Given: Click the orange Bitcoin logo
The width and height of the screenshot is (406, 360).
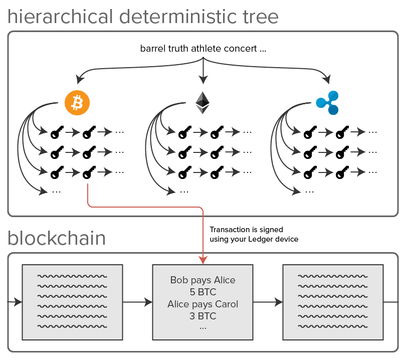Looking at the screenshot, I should [77, 102].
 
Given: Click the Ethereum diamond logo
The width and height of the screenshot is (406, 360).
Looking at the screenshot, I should [202, 102].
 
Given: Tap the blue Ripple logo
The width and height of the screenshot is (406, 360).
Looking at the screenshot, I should [328, 102].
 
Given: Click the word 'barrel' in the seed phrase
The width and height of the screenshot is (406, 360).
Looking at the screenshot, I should [151, 49].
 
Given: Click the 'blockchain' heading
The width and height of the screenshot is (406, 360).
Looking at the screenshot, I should [57, 238].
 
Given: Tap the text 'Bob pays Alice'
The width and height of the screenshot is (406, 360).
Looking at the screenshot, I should [202, 280].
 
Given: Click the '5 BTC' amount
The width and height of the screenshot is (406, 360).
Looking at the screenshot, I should [202, 292].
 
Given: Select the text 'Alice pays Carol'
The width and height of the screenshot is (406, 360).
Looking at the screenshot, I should [202, 304].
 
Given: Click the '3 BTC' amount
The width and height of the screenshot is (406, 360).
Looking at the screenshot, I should [202, 316].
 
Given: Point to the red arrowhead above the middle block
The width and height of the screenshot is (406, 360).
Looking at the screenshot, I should [202, 260].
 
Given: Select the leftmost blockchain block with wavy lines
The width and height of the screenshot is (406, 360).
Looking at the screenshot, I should [73, 302].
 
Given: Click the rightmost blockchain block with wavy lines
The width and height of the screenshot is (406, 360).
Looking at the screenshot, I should [333, 302].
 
